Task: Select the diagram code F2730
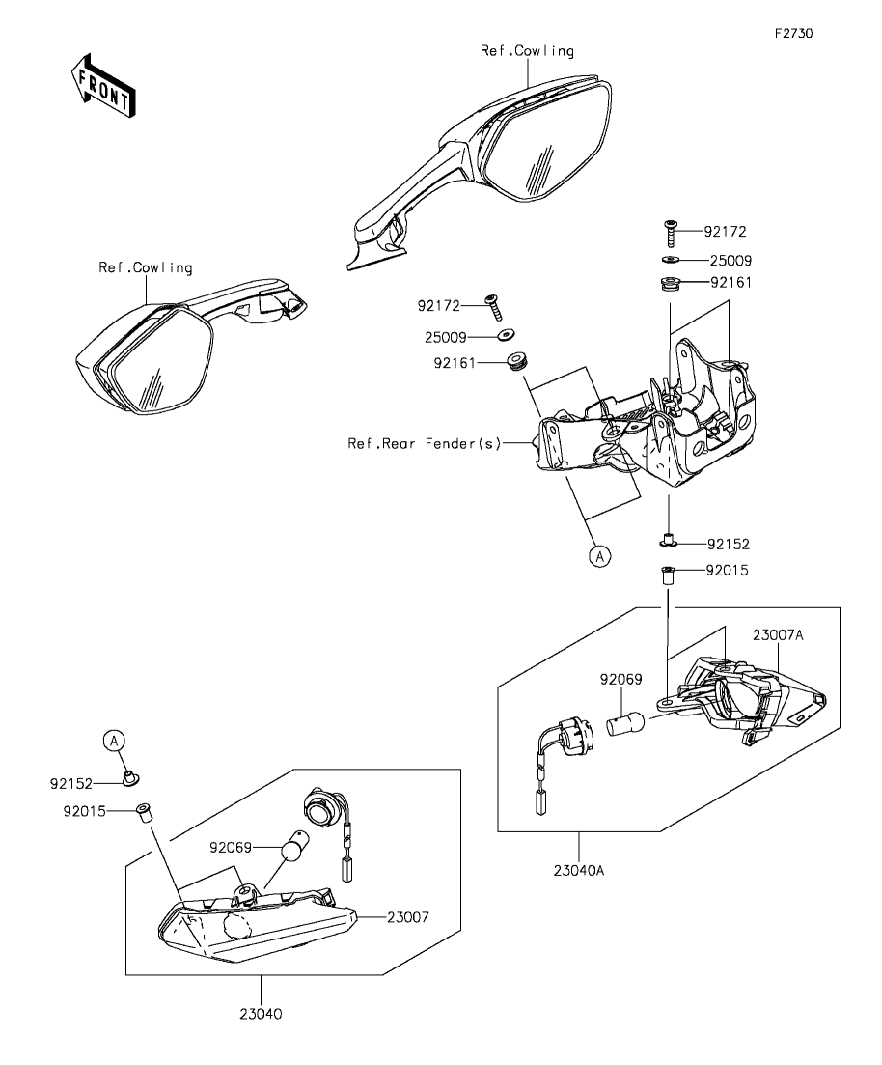(793, 32)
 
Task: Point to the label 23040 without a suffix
(262, 1014)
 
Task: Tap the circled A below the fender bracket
(599, 556)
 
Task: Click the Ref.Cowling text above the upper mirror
(527, 50)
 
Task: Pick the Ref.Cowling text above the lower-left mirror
(145, 267)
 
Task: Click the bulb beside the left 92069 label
(289, 852)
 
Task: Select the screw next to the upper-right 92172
(671, 233)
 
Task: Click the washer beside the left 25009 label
(505, 337)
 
